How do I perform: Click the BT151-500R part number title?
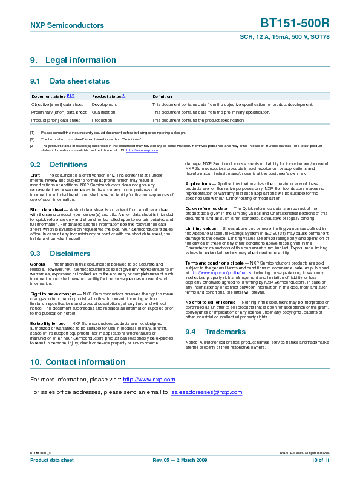pos(295,24)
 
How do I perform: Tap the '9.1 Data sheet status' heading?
pos(70,81)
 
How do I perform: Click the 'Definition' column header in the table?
pos(162,97)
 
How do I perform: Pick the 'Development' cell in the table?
pos(104,105)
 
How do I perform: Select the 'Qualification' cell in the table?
pos(103,113)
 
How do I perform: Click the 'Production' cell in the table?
pos(102,120)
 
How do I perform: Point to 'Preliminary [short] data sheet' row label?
pos(59,113)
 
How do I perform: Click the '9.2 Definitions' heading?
pos(59,165)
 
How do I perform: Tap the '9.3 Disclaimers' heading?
pos(60,254)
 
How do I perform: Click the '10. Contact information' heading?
pos(77,362)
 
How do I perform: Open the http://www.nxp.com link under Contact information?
pos(149,380)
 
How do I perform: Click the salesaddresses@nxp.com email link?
pos(206,392)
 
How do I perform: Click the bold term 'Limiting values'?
pos(200,228)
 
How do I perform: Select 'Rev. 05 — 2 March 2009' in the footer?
pos(180,461)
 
